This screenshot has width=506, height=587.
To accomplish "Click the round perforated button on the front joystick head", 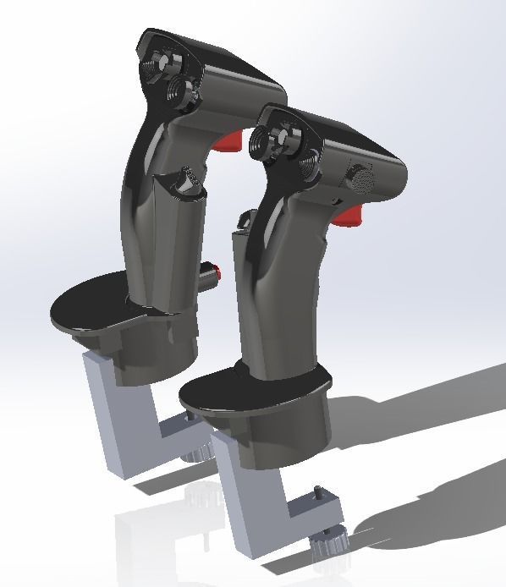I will [362, 178].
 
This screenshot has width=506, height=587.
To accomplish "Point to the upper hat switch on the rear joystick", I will [161, 64].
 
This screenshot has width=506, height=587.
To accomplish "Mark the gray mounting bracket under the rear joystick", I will [118, 414].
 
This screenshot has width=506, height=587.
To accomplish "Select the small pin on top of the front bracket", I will [318, 493].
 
